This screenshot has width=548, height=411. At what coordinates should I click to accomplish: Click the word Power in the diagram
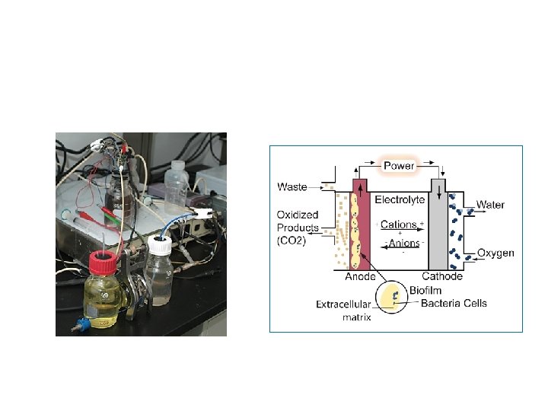(400, 166)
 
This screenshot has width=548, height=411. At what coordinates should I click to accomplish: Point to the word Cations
(398, 225)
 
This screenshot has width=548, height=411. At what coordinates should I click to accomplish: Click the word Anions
(402, 244)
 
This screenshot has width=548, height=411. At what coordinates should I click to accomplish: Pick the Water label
(491, 205)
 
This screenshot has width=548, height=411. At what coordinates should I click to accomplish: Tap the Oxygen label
(495, 253)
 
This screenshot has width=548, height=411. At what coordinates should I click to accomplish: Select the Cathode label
(441, 277)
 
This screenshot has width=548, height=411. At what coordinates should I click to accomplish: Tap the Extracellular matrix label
(343, 311)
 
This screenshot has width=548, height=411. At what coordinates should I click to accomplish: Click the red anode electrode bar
(358, 228)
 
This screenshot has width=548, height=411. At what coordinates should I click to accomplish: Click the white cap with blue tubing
(160, 245)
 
